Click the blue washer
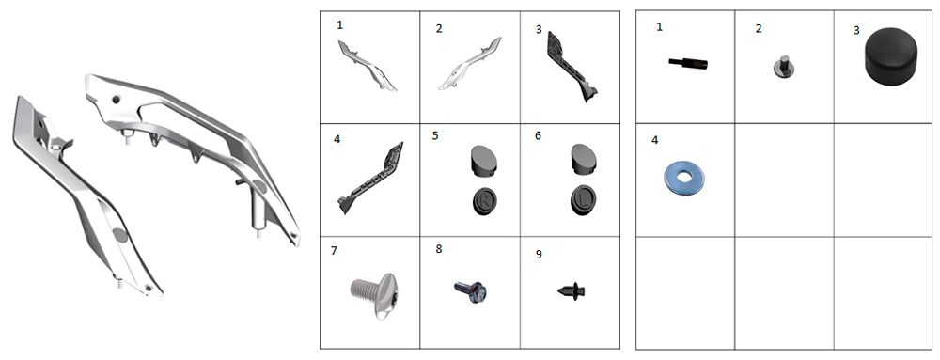[x=684, y=179]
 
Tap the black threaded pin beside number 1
[x=688, y=62]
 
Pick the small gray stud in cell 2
[x=783, y=67]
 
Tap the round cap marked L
[x=583, y=201]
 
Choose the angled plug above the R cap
[x=482, y=160]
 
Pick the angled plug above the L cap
[x=582, y=159]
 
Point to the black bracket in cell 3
[x=571, y=68]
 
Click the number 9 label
[x=539, y=255]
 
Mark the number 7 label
[x=334, y=250]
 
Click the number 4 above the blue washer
[x=654, y=140]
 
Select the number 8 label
[x=439, y=248]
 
